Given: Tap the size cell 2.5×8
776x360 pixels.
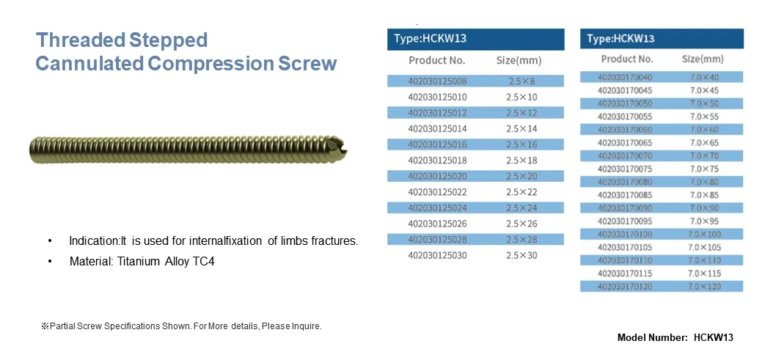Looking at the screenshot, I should click(x=521, y=81).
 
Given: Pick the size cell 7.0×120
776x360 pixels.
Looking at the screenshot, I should click(x=705, y=287).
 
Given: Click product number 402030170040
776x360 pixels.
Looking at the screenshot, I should click(x=625, y=77).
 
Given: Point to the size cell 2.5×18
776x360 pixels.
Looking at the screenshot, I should click(x=521, y=161).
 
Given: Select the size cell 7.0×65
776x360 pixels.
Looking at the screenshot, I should click(x=704, y=143).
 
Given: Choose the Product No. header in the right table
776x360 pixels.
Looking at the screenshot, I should click(x=627, y=59).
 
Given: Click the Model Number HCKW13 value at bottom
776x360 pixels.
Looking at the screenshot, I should click(x=713, y=338).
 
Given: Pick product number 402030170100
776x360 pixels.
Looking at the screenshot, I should click(x=625, y=234).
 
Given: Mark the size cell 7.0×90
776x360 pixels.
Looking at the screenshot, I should click(x=704, y=208).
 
